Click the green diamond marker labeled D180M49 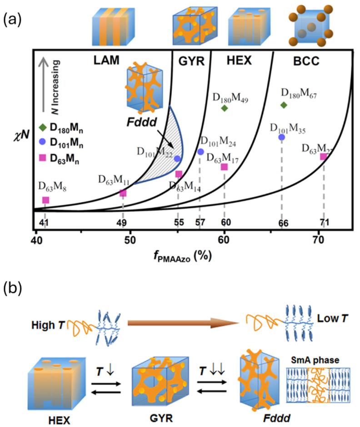(224, 108)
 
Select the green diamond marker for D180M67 (284, 105)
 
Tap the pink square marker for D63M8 (45, 200)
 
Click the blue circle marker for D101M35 (282, 137)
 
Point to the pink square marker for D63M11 (123, 193)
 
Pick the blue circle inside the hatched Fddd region (177, 158)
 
